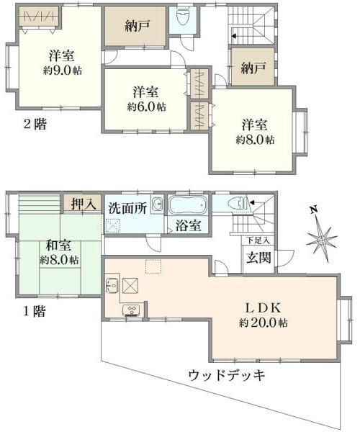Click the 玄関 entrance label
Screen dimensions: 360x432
coord(258,258)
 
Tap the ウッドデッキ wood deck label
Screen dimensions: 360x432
coord(227,375)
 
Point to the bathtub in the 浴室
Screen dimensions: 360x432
coord(188,205)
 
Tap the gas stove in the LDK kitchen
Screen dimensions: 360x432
coord(132,310)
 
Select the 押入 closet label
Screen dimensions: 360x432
coord(84,204)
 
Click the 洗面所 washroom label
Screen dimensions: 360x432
coord(127,208)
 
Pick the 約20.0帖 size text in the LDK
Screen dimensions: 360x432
coord(263,323)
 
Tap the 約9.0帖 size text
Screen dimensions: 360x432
coord(63,71)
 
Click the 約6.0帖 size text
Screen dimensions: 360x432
coord(146,107)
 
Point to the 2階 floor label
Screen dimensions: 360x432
coord(35,125)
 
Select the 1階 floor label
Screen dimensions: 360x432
coord(35,312)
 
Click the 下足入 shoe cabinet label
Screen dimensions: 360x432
coord(258,240)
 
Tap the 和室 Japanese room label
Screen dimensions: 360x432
coord(58,246)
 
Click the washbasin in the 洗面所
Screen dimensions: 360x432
coord(157,204)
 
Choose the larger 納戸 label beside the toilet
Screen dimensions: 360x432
coord(138,26)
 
